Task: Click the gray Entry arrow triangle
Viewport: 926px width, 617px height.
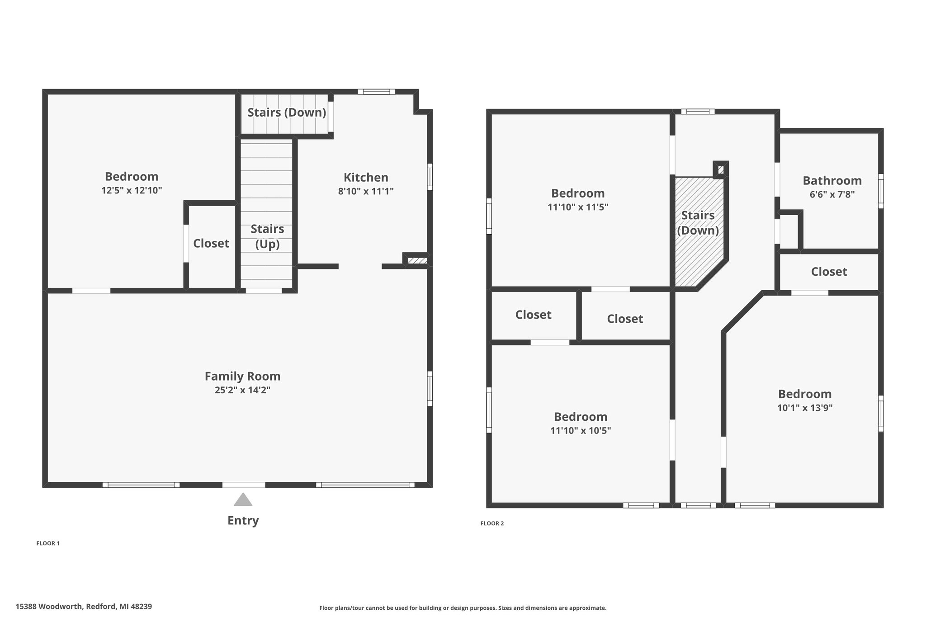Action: click(243, 499)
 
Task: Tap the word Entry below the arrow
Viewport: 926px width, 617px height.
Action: click(243, 521)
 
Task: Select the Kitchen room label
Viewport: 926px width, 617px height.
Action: click(366, 177)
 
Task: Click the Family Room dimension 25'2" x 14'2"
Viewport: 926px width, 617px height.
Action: click(243, 390)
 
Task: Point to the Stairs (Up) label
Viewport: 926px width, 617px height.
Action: click(267, 236)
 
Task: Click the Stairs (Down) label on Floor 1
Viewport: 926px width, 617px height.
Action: click(287, 113)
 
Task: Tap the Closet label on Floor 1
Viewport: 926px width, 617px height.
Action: click(211, 243)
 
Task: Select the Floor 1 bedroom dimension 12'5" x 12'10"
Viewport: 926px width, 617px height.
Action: click(132, 190)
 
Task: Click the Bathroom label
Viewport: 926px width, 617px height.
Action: click(832, 180)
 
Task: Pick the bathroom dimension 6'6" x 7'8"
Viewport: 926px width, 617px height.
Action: click(832, 195)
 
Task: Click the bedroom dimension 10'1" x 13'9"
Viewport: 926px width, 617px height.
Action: click(805, 408)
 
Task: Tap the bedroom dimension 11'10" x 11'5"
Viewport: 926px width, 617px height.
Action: click(578, 207)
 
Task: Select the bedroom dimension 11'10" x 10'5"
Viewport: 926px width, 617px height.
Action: click(581, 430)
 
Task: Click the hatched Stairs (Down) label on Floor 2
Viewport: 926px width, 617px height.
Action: click(698, 223)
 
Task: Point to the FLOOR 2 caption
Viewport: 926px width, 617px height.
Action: click(492, 523)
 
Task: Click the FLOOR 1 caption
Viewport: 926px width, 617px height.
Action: click(48, 543)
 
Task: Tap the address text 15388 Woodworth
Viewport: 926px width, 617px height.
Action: click(49, 607)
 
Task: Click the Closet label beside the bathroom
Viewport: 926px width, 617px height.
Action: click(829, 271)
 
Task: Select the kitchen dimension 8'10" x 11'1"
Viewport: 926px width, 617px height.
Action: click(366, 191)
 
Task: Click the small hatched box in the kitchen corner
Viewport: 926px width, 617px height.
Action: click(417, 260)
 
